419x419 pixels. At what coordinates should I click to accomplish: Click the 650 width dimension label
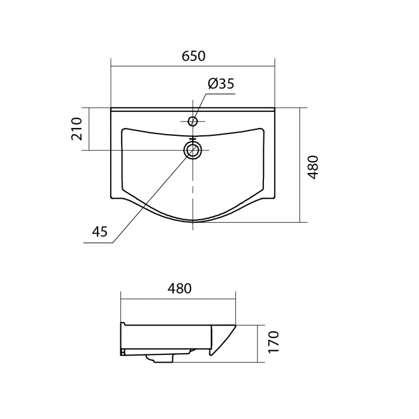coord(193,56)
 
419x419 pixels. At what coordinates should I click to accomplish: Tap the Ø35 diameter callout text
coord(221,84)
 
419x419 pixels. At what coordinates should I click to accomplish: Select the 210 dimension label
coord(77,129)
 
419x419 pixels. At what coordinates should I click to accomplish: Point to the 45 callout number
coord(100,232)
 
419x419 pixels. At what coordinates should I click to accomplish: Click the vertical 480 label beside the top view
coord(312,167)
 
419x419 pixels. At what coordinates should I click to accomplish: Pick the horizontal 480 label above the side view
coord(180,289)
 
